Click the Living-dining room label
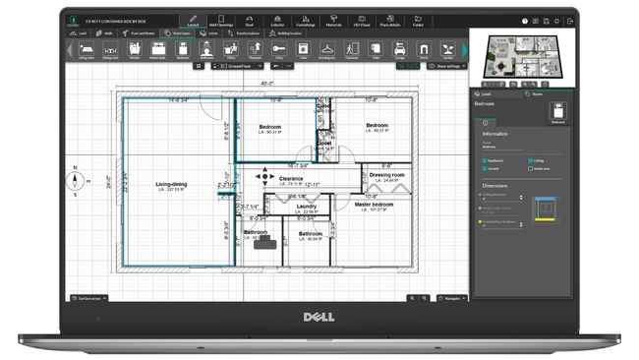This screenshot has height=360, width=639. [x=170, y=184]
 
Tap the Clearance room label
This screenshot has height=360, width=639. [x=291, y=179]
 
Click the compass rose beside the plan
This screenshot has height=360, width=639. [x=74, y=181]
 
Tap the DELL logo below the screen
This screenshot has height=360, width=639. [x=320, y=319]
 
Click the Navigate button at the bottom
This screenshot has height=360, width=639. [x=451, y=296]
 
